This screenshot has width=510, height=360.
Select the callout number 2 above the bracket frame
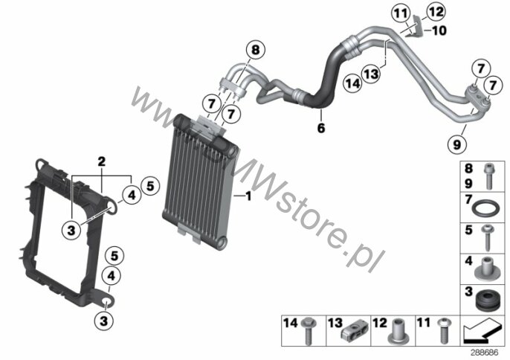coord(101,161)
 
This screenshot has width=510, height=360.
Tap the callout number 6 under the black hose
coord(322,129)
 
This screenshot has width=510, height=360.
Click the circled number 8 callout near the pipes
coord(255,51)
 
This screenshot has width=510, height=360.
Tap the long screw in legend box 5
coord(488,235)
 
